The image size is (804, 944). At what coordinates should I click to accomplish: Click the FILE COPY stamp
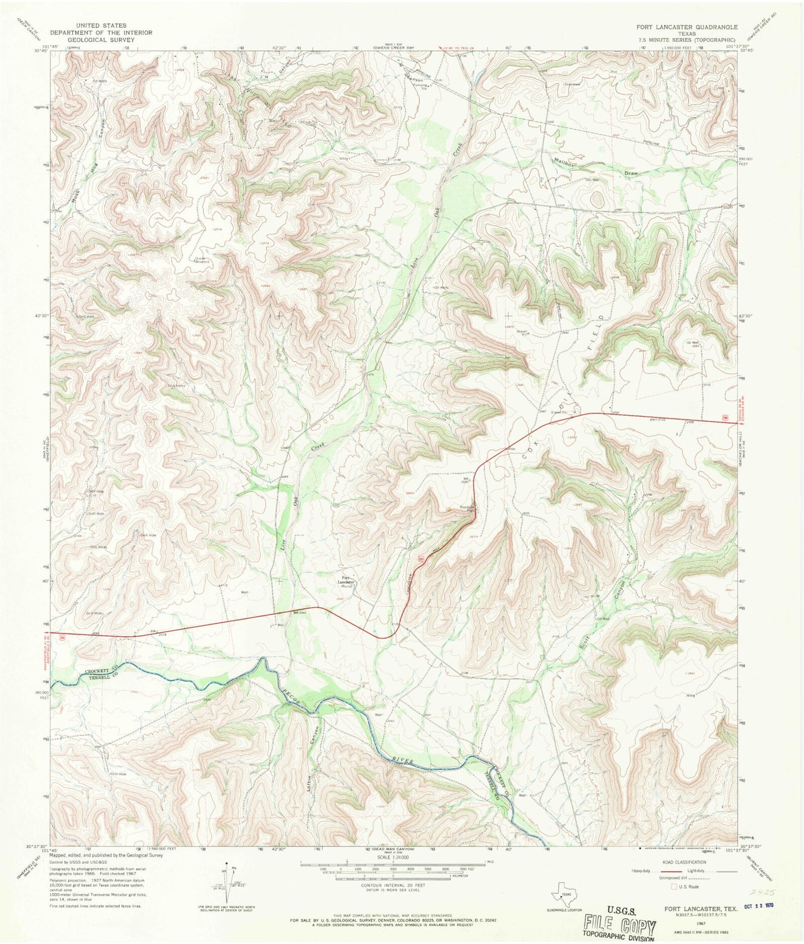[617, 926]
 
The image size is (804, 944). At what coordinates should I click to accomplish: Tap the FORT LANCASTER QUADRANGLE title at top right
[687, 27]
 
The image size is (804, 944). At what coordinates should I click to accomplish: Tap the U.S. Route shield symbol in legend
[675, 886]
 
